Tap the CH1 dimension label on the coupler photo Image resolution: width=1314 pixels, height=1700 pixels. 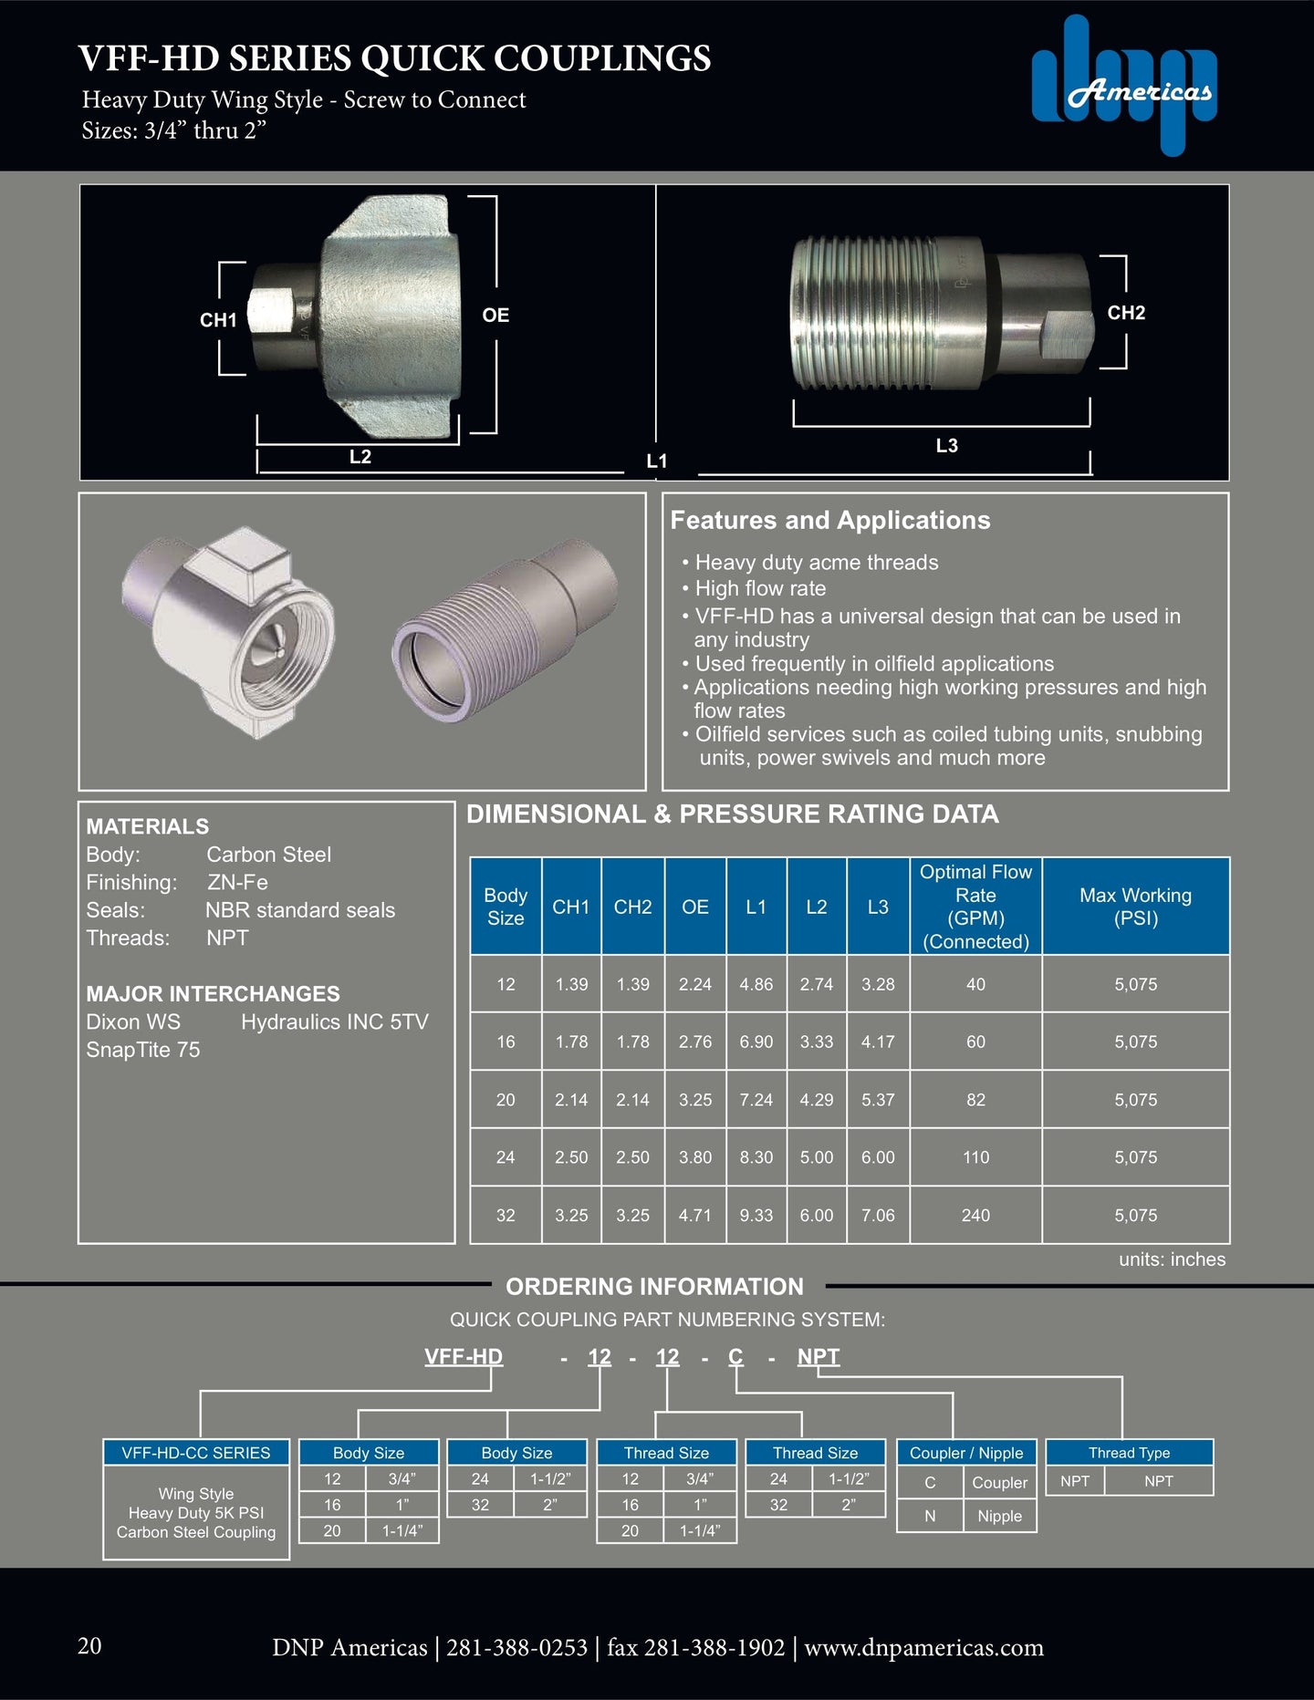tap(218, 320)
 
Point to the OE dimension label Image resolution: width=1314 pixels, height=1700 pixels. tap(495, 316)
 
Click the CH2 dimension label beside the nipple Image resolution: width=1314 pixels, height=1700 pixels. tap(1126, 313)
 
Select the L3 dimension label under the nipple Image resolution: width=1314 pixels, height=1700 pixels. tap(946, 446)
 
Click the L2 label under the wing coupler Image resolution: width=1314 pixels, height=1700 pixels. tap(360, 457)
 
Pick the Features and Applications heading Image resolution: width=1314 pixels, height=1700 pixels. tap(829, 521)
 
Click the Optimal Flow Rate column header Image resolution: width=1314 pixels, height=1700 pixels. tap(975, 907)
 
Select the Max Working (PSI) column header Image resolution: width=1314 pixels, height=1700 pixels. tap(1135, 907)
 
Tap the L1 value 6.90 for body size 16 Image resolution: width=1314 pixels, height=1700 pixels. tap(756, 1042)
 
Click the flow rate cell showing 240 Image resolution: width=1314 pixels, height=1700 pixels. tap(975, 1215)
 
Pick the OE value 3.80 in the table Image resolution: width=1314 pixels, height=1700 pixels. tap(694, 1157)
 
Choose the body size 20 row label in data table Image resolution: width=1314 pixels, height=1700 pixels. tap(506, 1100)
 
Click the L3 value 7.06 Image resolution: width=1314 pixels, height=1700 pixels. tap(878, 1215)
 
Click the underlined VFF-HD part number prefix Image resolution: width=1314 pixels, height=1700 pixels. tap(464, 1357)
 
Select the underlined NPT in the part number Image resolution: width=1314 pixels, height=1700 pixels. tap(818, 1357)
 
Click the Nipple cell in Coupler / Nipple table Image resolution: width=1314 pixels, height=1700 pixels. tap(999, 1516)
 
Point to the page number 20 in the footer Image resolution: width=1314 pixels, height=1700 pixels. tap(89, 1646)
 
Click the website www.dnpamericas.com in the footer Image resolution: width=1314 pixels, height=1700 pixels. tap(923, 1648)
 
